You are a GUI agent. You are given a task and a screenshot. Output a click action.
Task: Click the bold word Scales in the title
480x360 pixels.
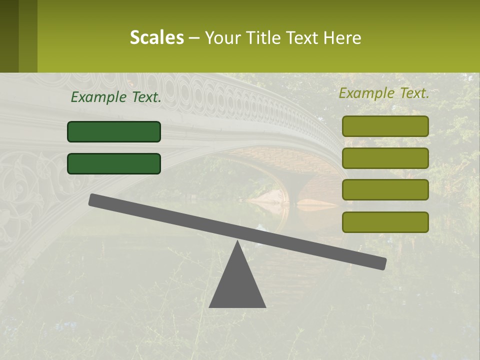(156, 37)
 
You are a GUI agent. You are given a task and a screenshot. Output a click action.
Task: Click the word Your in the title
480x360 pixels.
(223, 37)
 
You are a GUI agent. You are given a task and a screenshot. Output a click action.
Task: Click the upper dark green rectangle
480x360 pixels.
(114, 131)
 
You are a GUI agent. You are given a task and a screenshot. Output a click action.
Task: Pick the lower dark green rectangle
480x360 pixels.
(114, 163)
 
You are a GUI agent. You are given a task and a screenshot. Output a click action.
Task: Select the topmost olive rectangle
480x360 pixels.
(385, 126)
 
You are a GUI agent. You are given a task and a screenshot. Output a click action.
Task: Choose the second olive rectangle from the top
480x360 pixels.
(385, 158)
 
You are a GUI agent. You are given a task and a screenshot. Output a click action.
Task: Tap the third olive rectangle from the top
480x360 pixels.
(385, 190)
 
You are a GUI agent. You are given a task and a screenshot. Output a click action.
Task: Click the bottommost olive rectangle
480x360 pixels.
(385, 222)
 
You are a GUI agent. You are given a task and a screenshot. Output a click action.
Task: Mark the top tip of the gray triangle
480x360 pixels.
(237, 243)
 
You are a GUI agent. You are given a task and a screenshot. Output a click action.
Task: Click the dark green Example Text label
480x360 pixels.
(116, 97)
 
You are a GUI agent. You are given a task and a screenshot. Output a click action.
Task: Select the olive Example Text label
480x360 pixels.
(384, 93)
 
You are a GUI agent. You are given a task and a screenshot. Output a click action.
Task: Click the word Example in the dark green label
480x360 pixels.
(98, 97)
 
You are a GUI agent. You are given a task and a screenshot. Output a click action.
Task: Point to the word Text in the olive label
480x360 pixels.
(412, 93)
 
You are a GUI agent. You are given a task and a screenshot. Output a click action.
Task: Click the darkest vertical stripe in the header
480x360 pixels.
(9, 36)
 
